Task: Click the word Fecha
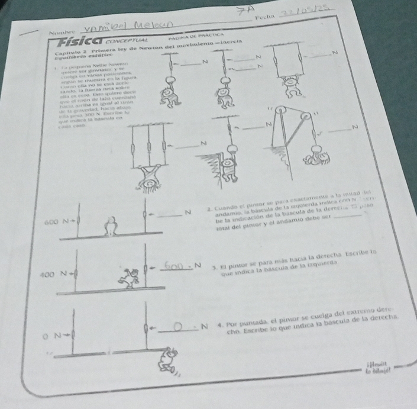(263, 17)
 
